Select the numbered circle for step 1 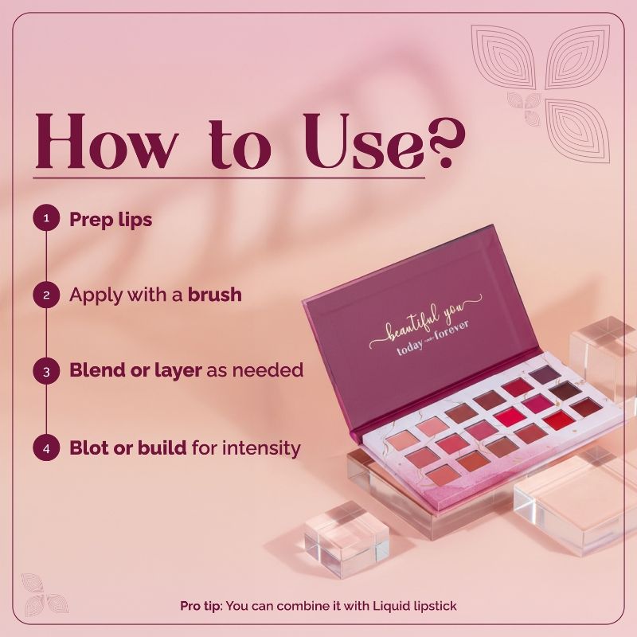coord(46,218)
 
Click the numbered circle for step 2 coord(46,295)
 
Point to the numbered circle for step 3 coord(46,371)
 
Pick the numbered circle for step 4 coord(46,448)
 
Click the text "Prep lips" coord(111,219)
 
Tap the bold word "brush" coord(215,295)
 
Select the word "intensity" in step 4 coord(264,448)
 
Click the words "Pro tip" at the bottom coord(201,606)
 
